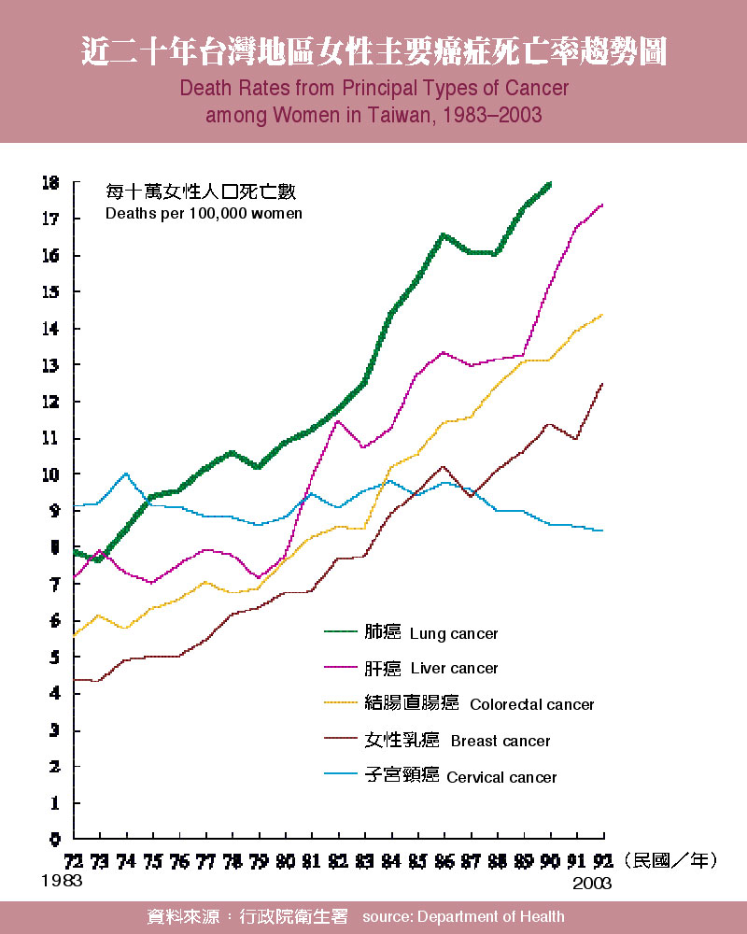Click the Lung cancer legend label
pos(454,634)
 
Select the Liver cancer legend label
pos(454,669)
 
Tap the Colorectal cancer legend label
pos(531,705)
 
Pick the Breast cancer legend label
pos(500,742)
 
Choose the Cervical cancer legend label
pos(501,777)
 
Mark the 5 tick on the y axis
pos(55,657)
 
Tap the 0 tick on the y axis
pos(55,839)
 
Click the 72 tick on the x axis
pos(73,859)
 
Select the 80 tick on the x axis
pos(285,859)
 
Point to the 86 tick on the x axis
pos(444,859)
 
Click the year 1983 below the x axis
pos(62,881)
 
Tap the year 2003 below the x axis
pos(591,883)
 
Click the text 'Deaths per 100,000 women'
pos(204,213)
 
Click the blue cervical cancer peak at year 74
pos(126,474)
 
